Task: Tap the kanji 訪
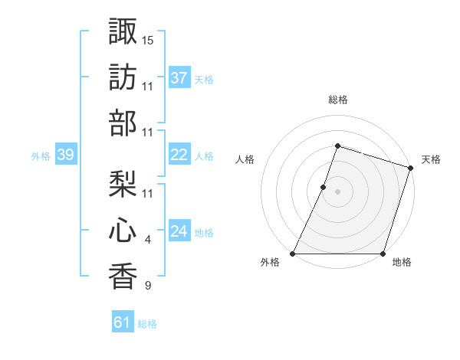coord(123,77)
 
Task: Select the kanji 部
coord(123,123)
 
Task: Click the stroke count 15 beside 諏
coord(148,39)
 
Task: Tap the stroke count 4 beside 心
coord(148,241)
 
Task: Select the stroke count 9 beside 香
coord(148,286)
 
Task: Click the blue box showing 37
coord(179,77)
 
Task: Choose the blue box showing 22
coord(179,155)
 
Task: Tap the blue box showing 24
coord(179,232)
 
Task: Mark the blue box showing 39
coord(65,155)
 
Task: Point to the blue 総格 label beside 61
coord(148,324)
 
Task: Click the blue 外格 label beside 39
coord(41,156)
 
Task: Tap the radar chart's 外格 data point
coord(293,254)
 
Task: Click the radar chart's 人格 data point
coord(324,187)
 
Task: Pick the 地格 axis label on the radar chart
coord(402,263)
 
